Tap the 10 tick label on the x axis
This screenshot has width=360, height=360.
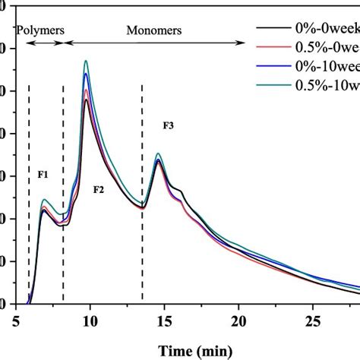coord(90,322)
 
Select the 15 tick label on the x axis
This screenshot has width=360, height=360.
coord(165,322)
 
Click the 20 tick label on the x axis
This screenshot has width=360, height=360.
coord(238,322)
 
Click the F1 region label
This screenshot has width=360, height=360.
coord(43,175)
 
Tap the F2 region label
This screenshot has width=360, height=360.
coord(99,189)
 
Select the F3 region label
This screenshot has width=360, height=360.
coord(169,125)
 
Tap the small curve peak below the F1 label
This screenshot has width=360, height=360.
coord(45,201)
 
